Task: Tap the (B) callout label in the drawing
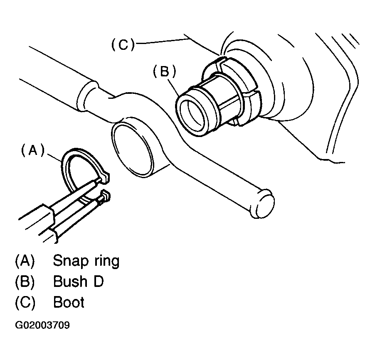pos(165,71)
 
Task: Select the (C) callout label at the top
pos(123,44)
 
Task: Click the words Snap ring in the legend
pos(86,261)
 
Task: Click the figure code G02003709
pos(42,325)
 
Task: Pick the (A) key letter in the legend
pos(25,261)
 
